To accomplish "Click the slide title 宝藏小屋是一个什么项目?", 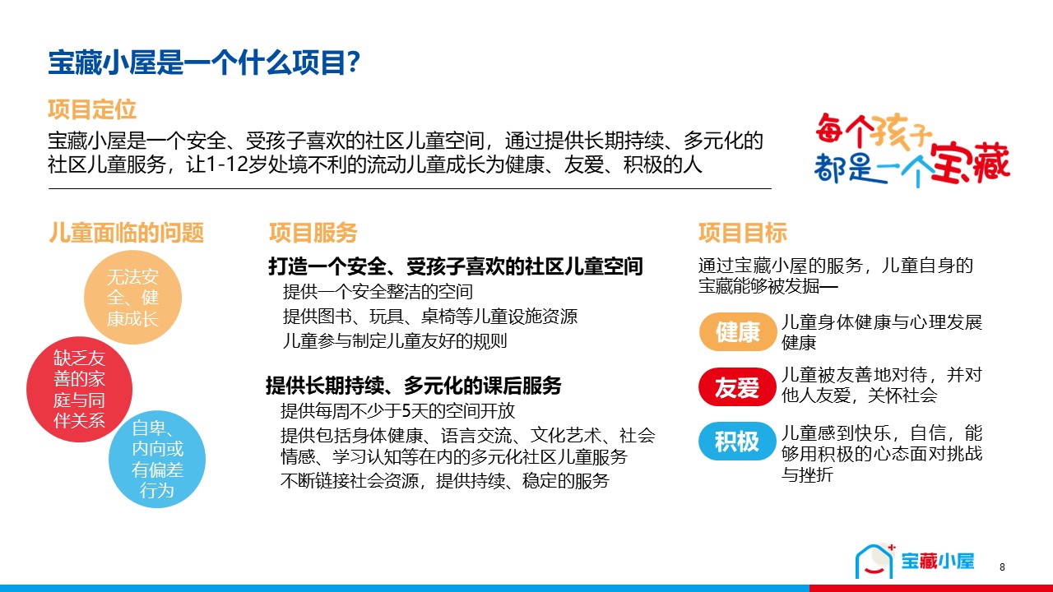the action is pos(205,62).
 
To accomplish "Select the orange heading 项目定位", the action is pos(92,109).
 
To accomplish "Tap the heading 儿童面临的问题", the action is pos(127,233).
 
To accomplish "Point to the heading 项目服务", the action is pos(313,233).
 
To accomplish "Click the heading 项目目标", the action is pos(743,233).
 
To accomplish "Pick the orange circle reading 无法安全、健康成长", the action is pos(133,298).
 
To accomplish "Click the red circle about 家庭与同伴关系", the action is pos(80,389).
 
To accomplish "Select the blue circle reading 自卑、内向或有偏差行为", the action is pos(157,459).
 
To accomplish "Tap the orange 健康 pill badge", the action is pos(737,331).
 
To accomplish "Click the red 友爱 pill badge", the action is pos(737,387).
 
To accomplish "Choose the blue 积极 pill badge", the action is pos(737,442).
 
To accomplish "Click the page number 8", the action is pos(1002,567).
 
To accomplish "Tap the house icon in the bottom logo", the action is pos(874,561).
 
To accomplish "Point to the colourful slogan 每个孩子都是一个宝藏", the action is pos(912,150).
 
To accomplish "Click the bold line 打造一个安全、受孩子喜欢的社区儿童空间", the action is pos(456,266).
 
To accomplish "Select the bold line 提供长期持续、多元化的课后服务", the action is pos(414,386).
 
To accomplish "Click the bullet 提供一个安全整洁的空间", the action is pos(378,292).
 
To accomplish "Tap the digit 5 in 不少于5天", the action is pos(402,411).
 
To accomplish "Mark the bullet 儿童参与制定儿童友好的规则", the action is pos(395,340).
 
